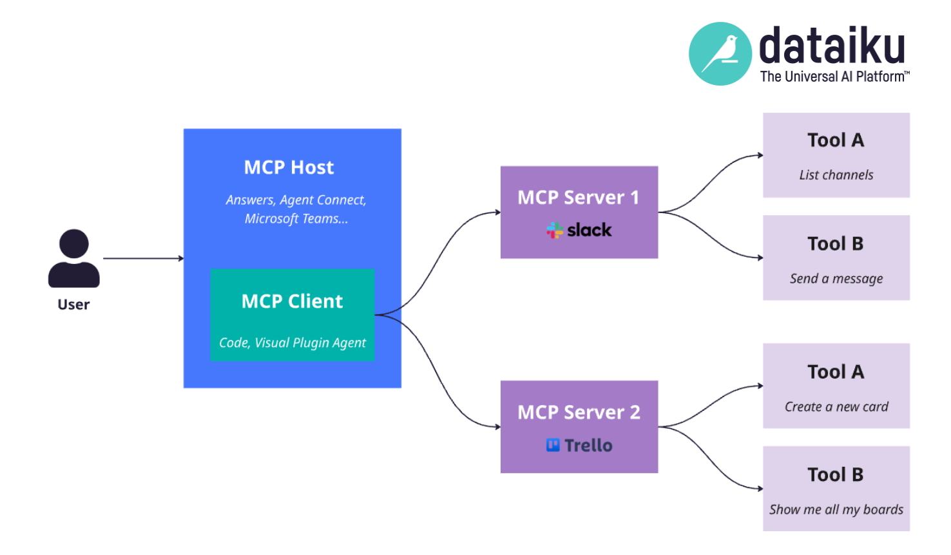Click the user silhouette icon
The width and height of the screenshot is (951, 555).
point(74,259)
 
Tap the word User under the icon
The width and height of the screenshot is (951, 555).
point(73,305)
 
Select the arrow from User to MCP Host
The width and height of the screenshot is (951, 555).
point(143,258)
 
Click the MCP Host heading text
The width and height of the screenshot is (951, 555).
point(289,167)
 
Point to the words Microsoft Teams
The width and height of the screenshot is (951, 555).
point(296,219)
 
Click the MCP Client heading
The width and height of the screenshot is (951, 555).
point(292,301)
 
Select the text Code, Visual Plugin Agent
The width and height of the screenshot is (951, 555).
point(292,343)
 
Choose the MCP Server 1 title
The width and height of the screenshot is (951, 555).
point(579,197)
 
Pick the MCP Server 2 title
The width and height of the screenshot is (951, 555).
point(579,412)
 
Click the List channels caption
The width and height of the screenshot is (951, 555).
point(836,175)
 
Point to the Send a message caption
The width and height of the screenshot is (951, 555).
point(836,279)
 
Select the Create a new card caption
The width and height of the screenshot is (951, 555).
point(836,407)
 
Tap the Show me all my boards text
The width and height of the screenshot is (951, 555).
point(836,509)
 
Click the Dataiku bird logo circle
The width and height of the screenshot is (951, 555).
point(720,54)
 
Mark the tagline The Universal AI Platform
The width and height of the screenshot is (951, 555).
point(834,77)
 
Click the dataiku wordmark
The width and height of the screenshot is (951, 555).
point(832,46)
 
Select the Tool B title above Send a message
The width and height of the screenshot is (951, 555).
point(835,243)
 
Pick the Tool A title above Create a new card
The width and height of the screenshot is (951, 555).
point(835,372)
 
